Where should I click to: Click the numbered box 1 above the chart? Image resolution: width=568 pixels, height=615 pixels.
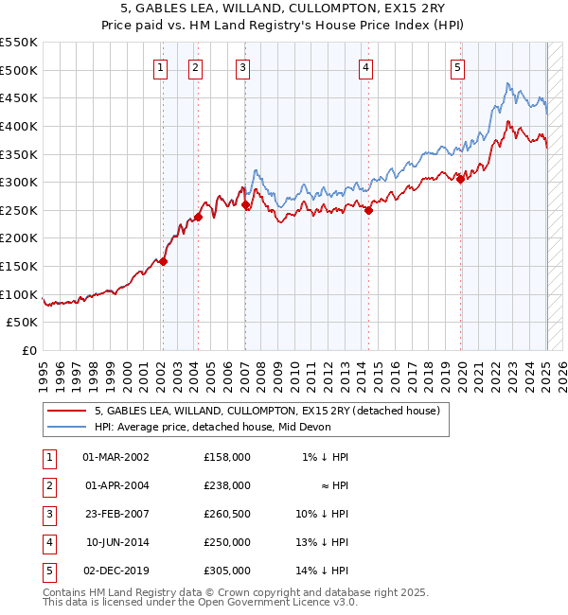point(160,67)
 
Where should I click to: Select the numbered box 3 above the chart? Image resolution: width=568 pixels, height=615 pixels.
point(243,67)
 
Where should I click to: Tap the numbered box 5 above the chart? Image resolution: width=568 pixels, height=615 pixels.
point(457,67)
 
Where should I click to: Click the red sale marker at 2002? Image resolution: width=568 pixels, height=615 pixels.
point(163,262)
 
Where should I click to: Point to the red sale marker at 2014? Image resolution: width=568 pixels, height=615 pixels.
point(368,211)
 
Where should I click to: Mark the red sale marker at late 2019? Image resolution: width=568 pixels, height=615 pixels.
point(461,180)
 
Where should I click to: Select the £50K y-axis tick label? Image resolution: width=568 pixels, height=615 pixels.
point(23,323)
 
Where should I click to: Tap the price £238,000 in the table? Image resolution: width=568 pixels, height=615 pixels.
point(226,485)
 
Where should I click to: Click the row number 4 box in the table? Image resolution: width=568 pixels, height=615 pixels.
point(48,542)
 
